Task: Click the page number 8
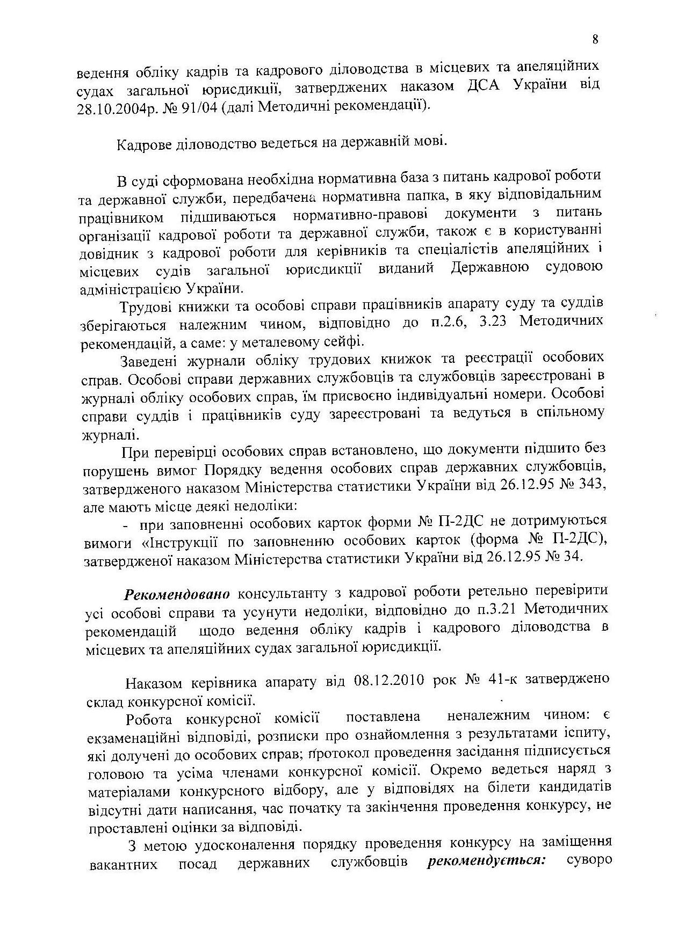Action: [x=595, y=39]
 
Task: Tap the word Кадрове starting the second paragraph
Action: [x=142, y=144]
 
